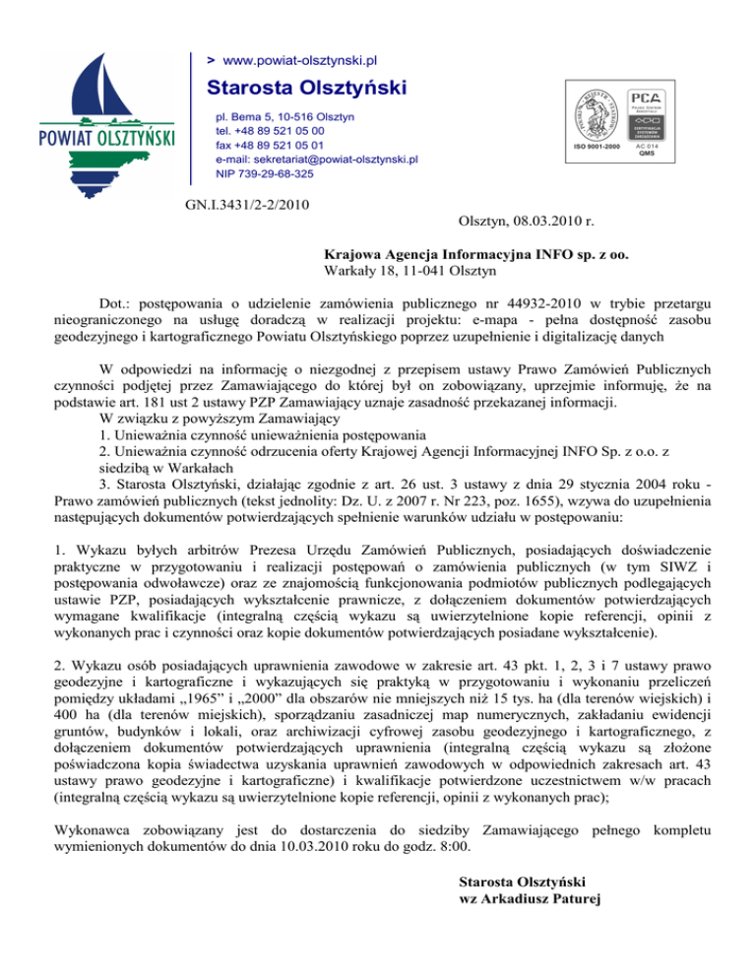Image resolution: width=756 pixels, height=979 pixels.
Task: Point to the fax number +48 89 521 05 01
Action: click(280, 144)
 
